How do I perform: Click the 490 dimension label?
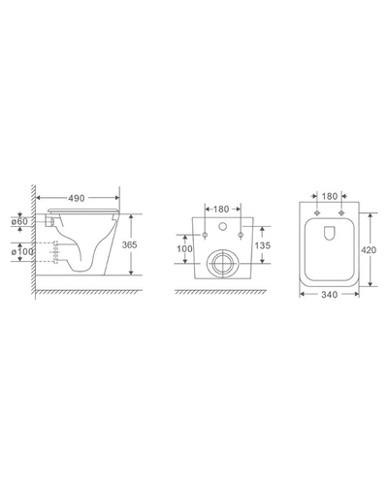pyautogui.click(x=77, y=198)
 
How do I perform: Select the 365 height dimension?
pyautogui.click(x=129, y=244)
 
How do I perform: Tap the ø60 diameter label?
pyautogui.click(x=19, y=221)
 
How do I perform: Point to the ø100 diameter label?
pyautogui.click(x=22, y=251)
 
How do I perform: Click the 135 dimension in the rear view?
pyautogui.click(x=263, y=245)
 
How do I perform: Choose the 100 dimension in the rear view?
pyautogui.click(x=184, y=248)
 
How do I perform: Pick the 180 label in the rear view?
pyautogui.click(x=221, y=210)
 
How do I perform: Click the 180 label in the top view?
pyautogui.click(x=330, y=196)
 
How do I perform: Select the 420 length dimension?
pyautogui.click(x=369, y=250)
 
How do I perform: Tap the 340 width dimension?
pyautogui.click(x=329, y=295)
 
